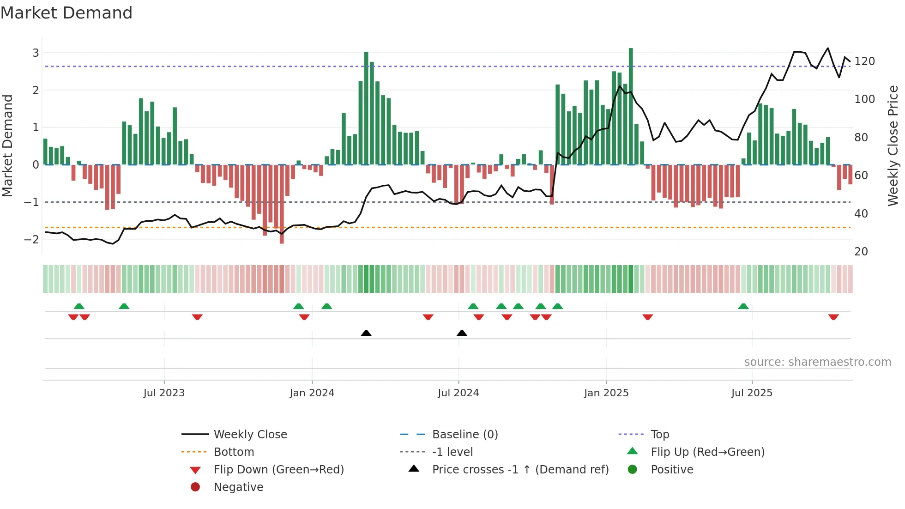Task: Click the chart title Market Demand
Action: click(66, 13)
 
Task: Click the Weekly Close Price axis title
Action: click(893, 145)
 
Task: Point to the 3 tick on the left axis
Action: click(36, 53)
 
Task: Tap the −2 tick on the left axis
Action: click(31, 239)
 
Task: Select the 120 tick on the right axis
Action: click(864, 61)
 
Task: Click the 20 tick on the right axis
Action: click(861, 252)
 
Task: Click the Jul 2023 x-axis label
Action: click(164, 393)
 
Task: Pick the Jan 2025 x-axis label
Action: click(606, 393)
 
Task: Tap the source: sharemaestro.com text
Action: click(817, 362)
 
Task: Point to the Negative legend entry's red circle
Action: click(195, 487)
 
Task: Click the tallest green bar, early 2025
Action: click(631, 106)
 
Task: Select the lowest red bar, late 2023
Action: click(282, 203)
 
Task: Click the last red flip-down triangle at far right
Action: click(833, 317)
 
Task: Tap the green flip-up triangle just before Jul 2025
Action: click(743, 306)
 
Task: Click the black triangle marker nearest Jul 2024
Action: click(462, 333)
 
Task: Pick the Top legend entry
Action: click(659, 435)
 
